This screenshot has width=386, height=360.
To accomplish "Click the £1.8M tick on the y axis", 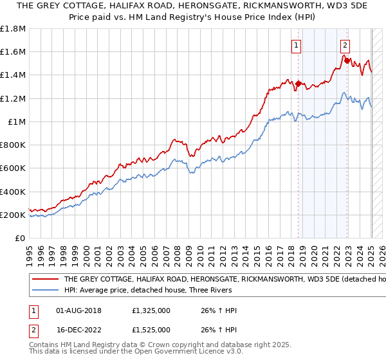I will coord(13,29).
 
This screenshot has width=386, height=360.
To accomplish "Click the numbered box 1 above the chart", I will coord(296,45).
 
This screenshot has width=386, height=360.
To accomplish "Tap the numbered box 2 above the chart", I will coord(345,45).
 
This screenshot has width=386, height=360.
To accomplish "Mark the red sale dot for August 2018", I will coord(299,83).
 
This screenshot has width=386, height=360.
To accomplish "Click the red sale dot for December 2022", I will coord(347,60).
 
